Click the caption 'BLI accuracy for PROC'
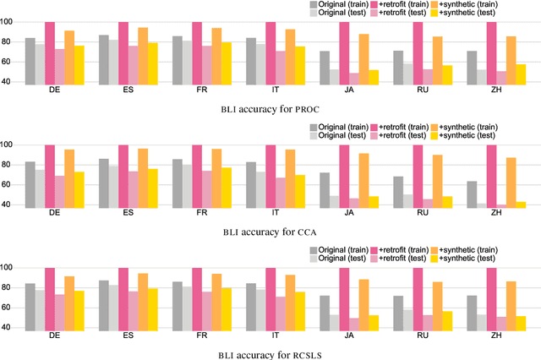(x=270, y=108)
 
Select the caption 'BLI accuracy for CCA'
(x=270, y=231)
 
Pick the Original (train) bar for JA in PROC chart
(x=325, y=68)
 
